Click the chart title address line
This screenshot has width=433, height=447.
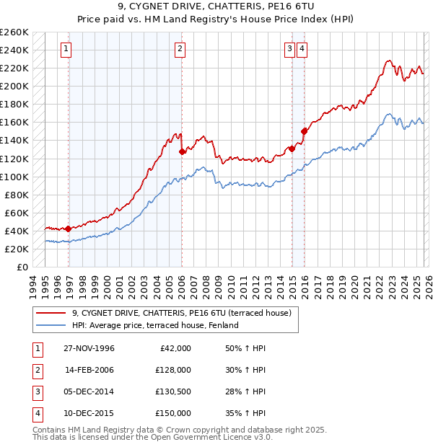pos(216,9)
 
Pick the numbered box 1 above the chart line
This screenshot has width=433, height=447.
pos(66,49)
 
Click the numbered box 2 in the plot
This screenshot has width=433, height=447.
pos(179,49)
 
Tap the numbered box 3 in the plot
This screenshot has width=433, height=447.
pos(289,49)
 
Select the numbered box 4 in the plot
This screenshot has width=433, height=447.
pos(302,49)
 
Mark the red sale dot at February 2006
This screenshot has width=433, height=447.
pos(182,151)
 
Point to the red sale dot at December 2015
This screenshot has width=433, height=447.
pos(305,131)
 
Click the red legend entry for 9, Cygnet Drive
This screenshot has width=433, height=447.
pos(180,313)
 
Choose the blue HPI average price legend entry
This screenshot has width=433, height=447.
pos(154,325)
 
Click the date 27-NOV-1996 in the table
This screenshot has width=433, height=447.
pos(89,348)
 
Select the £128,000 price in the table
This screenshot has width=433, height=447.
pos(172,370)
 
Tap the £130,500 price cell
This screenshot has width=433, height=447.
pos(172,391)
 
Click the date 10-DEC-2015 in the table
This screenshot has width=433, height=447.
pos(89,413)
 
